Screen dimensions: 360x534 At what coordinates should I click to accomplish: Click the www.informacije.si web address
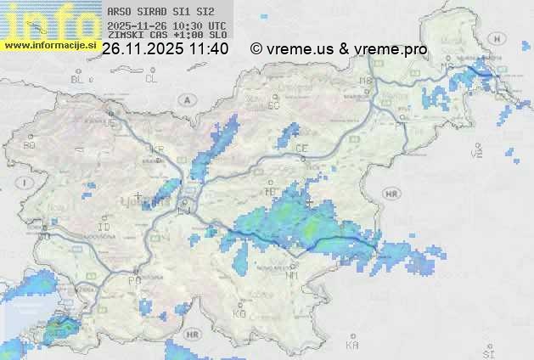[x=51, y=45]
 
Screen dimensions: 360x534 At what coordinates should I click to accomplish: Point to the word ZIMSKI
[x=125, y=35]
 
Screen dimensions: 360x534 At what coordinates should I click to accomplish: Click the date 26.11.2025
[x=141, y=49]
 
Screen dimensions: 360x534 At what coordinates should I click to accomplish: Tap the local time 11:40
[x=209, y=49]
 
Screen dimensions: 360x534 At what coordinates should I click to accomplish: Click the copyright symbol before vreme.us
[x=256, y=49]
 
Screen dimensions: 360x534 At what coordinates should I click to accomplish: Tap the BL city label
[x=79, y=79]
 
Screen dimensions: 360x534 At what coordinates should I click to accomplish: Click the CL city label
[x=151, y=79]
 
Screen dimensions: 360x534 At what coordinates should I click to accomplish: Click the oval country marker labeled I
[x=27, y=183]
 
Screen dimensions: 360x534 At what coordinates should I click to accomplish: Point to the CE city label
[x=301, y=149]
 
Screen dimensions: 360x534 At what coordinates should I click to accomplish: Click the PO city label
[x=133, y=280]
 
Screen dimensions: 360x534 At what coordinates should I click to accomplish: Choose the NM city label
[x=292, y=275]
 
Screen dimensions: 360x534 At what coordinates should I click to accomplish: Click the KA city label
[x=352, y=346]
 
